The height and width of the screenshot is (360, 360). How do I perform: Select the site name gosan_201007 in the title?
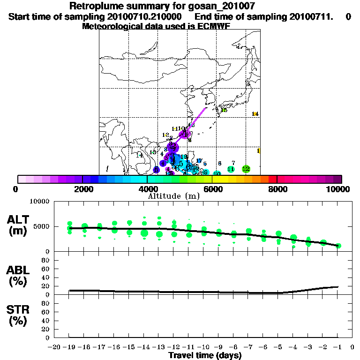[x=220, y=6]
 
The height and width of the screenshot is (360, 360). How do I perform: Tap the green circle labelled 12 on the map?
[x=246, y=169]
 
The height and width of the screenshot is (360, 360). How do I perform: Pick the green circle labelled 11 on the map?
[x=231, y=169]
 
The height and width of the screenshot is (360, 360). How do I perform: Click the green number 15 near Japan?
[x=224, y=110]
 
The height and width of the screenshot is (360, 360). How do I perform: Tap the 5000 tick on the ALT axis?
[x=42, y=226]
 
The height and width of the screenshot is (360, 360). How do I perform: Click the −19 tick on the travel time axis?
[x=69, y=347]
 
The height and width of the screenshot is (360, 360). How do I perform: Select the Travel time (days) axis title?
[x=205, y=356]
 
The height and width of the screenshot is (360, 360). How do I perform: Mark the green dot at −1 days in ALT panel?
[x=338, y=246]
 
